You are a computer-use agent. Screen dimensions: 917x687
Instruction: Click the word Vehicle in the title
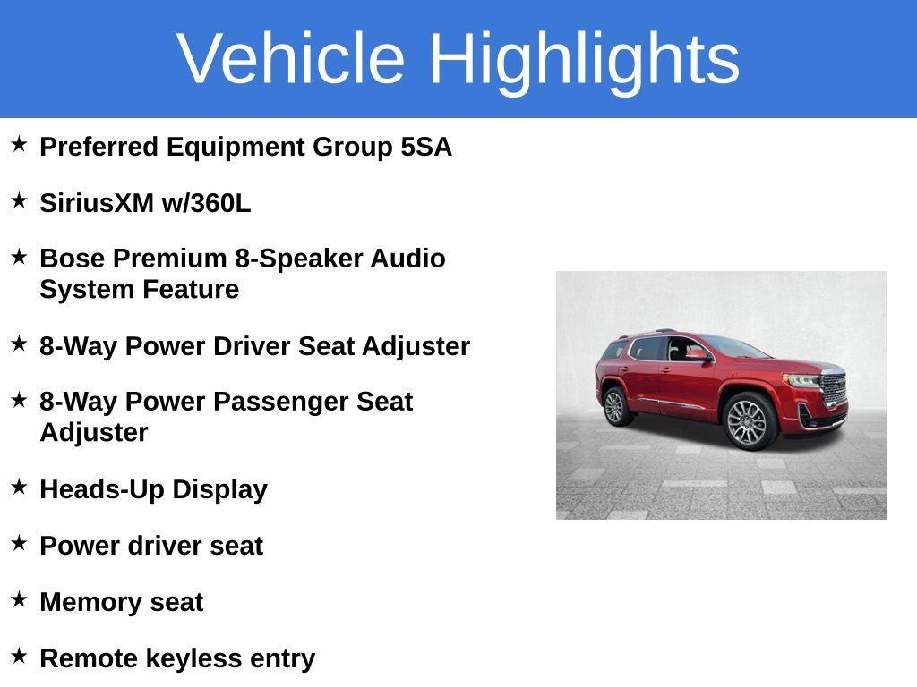click(291, 58)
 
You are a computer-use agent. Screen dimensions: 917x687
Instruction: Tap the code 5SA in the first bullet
click(426, 147)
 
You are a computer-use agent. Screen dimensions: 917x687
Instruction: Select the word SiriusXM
click(97, 203)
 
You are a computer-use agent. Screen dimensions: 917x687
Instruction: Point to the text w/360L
click(207, 203)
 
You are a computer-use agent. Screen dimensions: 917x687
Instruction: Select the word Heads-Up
click(102, 490)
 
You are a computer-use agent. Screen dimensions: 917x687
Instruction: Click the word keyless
click(193, 659)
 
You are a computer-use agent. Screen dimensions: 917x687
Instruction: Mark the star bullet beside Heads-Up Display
click(20, 486)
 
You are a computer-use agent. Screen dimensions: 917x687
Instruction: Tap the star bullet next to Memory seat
click(20, 598)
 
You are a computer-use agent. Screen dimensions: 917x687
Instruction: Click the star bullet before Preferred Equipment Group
click(20, 144)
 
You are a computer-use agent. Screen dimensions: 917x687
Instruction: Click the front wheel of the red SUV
click(750, 420)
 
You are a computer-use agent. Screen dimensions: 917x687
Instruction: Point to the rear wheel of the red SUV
click(616, 406)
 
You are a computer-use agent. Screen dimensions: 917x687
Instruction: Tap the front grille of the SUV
click(834, 387)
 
